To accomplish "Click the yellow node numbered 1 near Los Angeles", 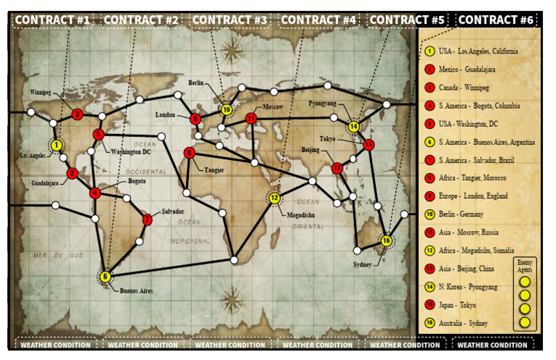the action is [56, 146].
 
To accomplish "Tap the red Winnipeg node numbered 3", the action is [77, 114].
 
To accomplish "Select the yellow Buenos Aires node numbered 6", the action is [106, 276].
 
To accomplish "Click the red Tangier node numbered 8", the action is [190, 153].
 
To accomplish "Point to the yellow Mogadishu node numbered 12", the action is [274, 198].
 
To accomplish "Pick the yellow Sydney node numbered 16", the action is [387, 240].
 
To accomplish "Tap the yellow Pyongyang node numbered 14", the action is [353, 127].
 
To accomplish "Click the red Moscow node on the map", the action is [251, 118].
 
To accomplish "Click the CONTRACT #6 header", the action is [497, 20].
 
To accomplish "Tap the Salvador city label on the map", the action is [172, 212].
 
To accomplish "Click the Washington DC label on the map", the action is [131, 152].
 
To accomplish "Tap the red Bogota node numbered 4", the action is [95, 193].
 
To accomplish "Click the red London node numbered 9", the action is [195, 119].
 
